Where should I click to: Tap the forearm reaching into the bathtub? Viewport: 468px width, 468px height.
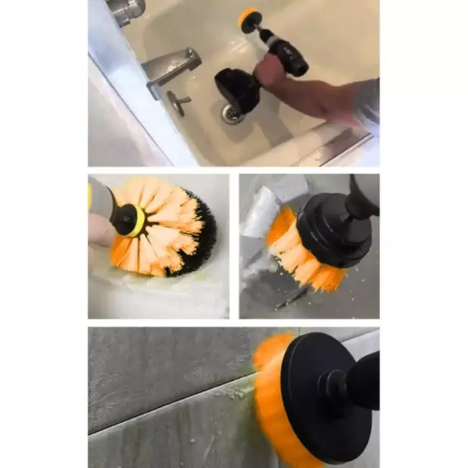pos(324,97)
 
